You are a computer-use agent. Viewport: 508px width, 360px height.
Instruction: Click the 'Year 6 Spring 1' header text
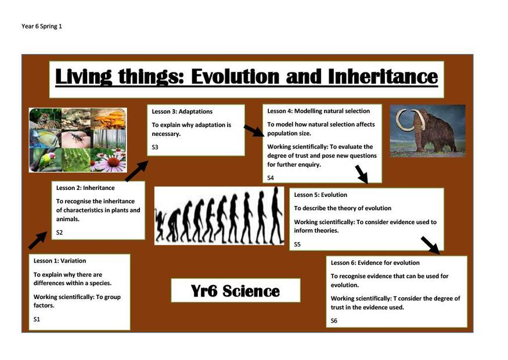[42, 26]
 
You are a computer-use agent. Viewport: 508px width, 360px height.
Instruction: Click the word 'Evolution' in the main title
[235, 77]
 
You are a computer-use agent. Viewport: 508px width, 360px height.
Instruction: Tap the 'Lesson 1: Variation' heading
[60, 261]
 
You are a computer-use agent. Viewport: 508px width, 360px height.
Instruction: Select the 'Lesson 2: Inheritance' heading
[85, 188]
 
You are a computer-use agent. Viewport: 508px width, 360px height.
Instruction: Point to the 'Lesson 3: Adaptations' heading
[182, 111]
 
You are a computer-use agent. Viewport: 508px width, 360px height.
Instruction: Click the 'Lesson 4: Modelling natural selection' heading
[319, 111]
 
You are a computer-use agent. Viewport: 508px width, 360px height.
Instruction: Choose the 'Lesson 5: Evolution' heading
[320, 195]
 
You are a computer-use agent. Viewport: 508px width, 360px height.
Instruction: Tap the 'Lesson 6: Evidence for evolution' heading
[375, 263]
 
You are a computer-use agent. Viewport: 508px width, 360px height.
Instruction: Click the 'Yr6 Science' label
[235, 291]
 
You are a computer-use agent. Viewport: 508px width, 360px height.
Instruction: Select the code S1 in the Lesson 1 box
[37, 319]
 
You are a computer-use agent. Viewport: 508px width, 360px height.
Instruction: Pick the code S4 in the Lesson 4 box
[271, 178]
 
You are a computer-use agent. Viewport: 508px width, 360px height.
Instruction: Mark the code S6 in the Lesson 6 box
[334, 321]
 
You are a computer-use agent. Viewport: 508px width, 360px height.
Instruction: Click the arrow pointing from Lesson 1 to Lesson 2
[38, 240]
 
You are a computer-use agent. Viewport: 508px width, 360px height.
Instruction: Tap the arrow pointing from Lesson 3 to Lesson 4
[254, 131]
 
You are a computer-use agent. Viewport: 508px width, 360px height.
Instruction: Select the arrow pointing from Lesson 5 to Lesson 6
[431, 245]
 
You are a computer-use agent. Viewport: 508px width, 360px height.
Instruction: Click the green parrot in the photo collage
[46, 160]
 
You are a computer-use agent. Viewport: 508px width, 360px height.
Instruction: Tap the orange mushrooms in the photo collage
[109, 120]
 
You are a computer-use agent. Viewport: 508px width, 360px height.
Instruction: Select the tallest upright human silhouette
[276, 215]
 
